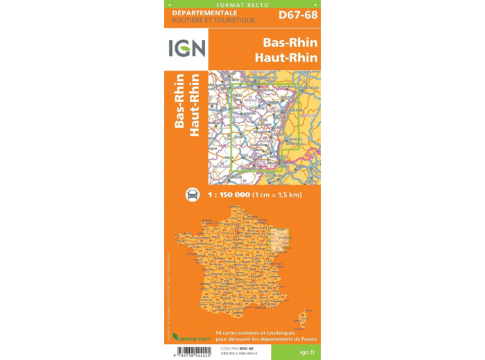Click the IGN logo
[186, 49]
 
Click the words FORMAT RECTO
[243, 4]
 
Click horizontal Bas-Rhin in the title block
[285, 42]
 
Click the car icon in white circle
[193, 195]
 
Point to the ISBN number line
[239, 354]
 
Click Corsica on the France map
[303, 320]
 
